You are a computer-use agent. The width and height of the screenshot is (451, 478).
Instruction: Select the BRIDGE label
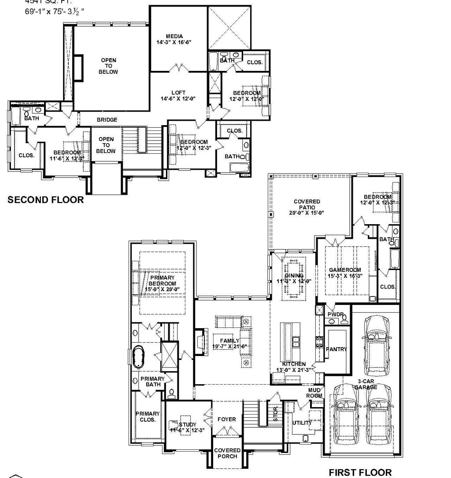[107, 120]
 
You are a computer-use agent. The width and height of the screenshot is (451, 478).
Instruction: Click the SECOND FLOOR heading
[46, 200]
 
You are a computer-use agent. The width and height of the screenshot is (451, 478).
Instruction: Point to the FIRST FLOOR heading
[360, 472]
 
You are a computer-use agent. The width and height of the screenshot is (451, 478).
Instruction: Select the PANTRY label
[336, 349]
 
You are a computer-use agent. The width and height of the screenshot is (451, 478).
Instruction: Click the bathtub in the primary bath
[138, 356]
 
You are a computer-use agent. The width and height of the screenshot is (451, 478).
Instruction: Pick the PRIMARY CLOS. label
[148, 417]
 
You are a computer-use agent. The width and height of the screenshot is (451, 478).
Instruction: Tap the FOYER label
[227, 419]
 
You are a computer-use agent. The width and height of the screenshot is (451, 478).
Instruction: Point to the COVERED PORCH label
[227, 453]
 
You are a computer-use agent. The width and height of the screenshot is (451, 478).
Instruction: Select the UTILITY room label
[302, 423]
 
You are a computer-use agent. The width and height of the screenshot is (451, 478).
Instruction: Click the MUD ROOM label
[315, 393]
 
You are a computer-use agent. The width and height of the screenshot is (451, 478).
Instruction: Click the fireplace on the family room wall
[201, 341]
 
